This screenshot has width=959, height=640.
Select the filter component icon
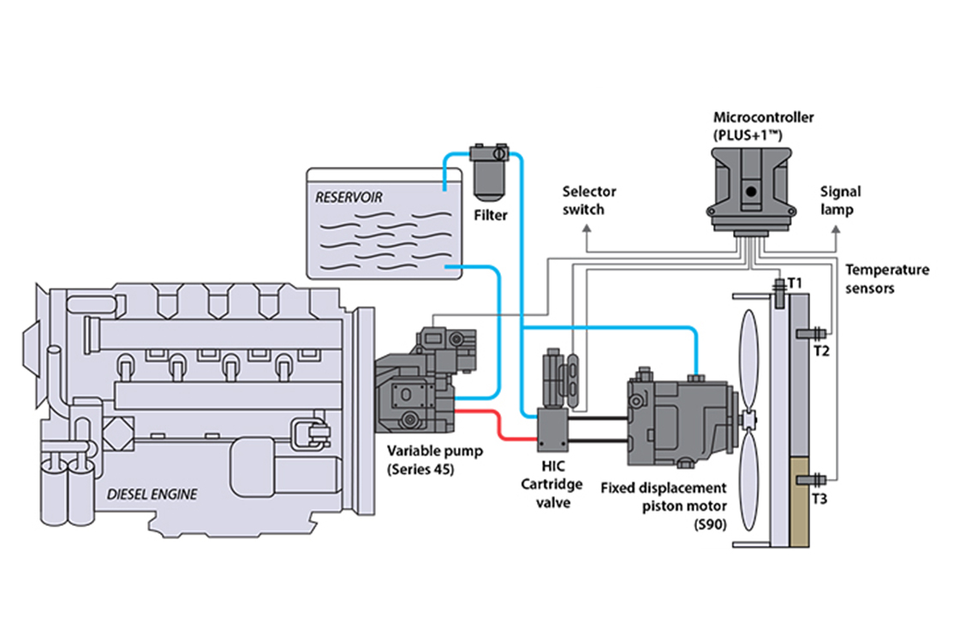click(491, 170)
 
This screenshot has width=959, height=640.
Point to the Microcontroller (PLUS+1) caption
click(751, 125)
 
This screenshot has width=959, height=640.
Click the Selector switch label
click(588, 200)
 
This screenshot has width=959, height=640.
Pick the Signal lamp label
click(840, 200)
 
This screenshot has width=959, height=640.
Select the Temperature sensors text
click(886, 278)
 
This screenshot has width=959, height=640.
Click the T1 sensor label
click(795, 282)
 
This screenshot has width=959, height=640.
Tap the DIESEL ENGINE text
click(152, 493)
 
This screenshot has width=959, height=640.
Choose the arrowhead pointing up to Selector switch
click(587, 229)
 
